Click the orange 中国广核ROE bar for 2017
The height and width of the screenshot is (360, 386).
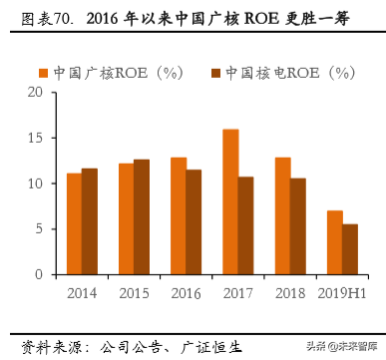(230, 201)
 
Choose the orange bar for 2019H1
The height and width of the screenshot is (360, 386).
(334, 242)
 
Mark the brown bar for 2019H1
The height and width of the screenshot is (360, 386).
(350, 249)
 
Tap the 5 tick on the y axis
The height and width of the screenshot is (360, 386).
(39, 228)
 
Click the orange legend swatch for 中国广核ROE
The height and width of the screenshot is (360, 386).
(43, 73)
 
